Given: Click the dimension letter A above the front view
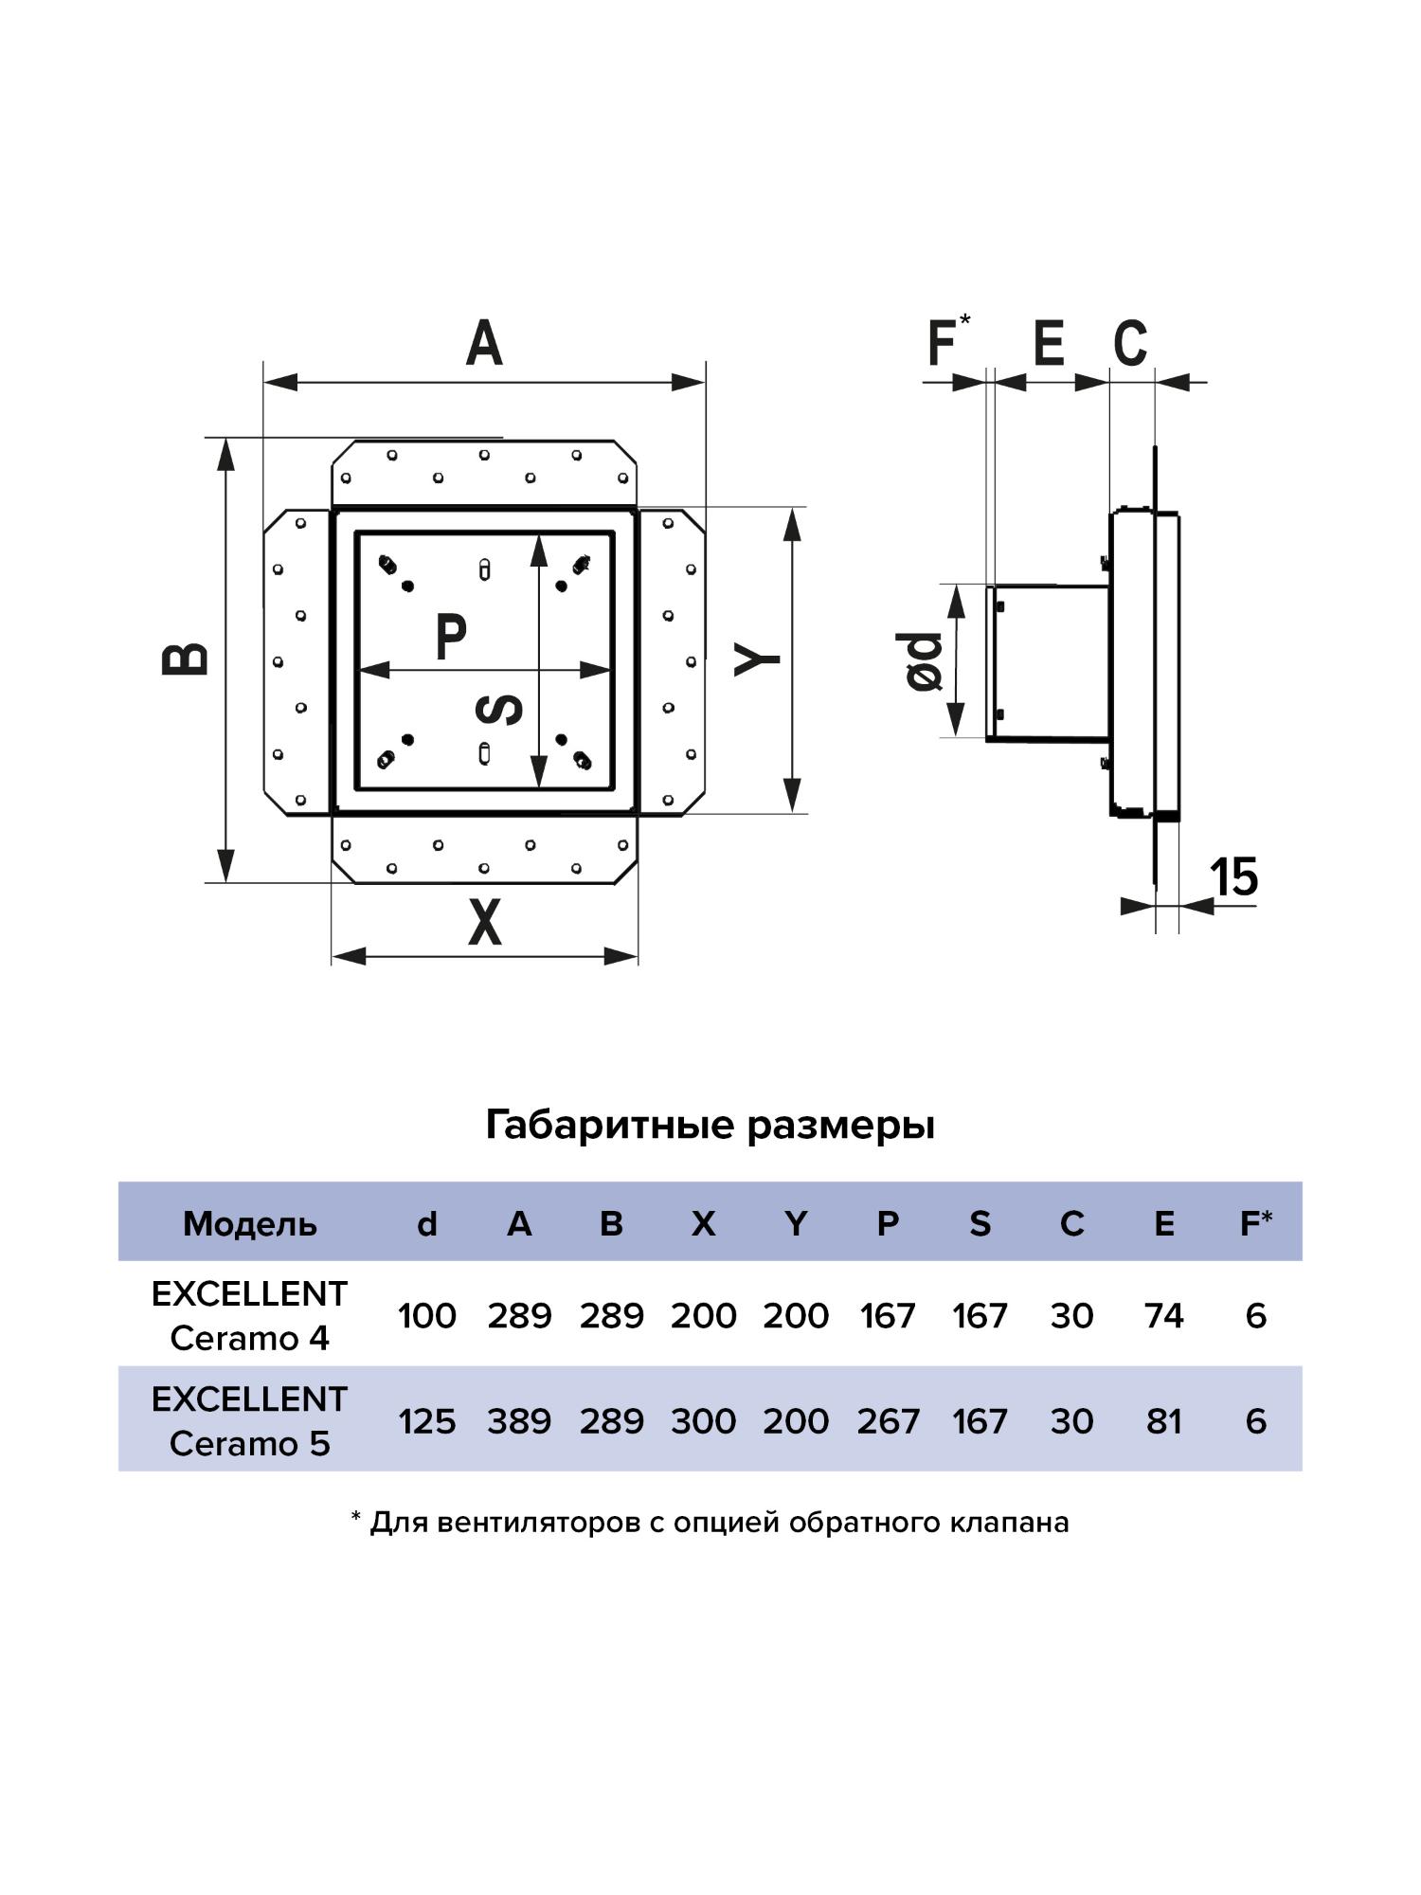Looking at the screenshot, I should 483,343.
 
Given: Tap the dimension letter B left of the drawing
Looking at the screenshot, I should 186,659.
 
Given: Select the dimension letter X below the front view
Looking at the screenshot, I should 484,922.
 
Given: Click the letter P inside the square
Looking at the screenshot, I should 451,637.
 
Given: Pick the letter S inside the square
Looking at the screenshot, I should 499,709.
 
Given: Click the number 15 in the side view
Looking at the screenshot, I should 1234,876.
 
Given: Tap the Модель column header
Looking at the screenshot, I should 250,1224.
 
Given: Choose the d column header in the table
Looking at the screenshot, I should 427,1224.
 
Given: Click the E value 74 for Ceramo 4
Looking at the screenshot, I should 1163,1316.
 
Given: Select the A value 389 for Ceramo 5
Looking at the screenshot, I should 519,1421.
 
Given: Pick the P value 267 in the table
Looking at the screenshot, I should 888,1421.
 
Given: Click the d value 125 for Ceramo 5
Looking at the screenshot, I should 427,1421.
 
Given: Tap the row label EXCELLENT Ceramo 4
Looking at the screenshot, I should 250,1316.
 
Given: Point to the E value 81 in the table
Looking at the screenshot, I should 1163,1421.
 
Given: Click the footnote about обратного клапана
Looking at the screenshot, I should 710,1523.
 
